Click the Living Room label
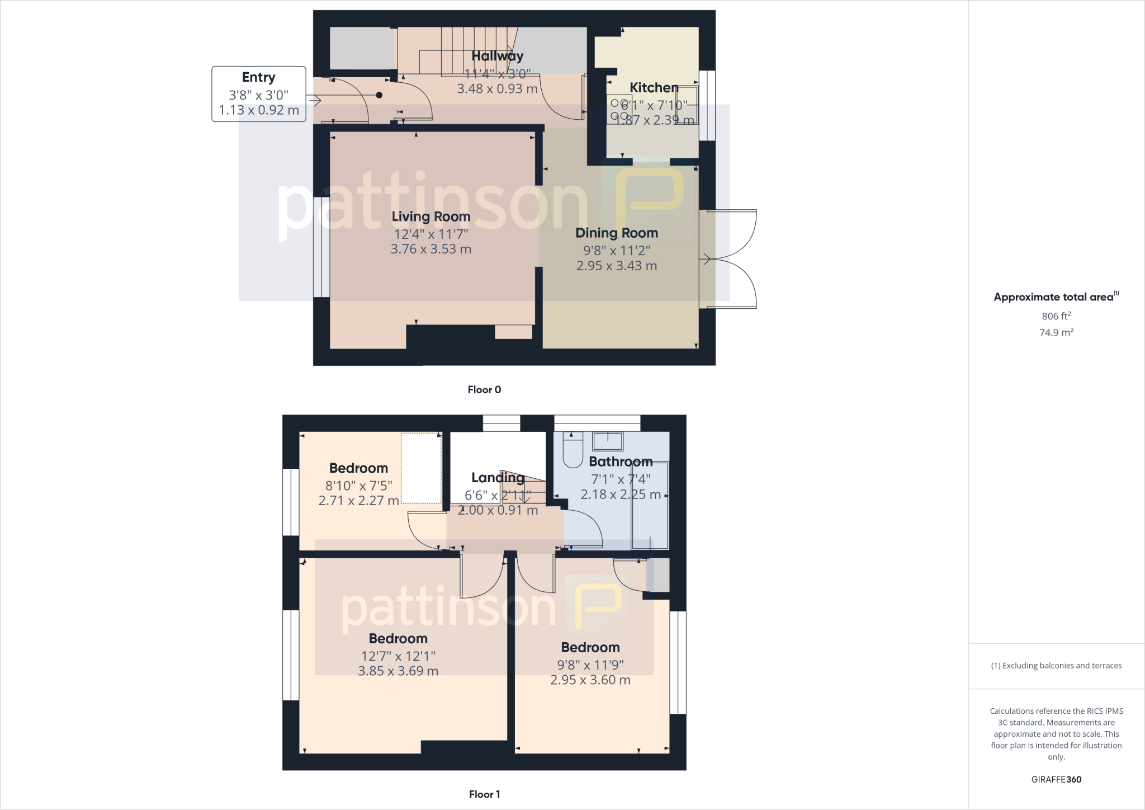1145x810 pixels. click(x=430, y=216)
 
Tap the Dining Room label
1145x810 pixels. click(x=616, y=233)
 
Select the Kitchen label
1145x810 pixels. click(x=654, y=88)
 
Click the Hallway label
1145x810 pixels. click(x=497, y=56)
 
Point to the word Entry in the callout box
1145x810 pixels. click(x=258, y=77)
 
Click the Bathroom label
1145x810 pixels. click(x=621, y=461)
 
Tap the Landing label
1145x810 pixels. click(x=498, y=477)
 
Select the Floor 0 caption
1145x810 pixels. click(x=484, y=390)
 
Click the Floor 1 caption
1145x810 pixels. click(x=484, y=794)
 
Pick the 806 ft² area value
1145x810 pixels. click(x=1056, y=316)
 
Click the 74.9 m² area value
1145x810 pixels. click(x=1056, y=332)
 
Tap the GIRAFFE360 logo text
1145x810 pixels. click(x=1056, y=779)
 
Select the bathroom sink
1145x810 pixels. click(x=607, y=441)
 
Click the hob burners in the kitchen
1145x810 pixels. click(x=619, y=110)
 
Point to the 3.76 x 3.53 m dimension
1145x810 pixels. click(x=430, y=249)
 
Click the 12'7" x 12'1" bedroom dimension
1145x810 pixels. click(x=398, y=656)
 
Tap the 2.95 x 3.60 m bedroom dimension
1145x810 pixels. click(x=590, y=680)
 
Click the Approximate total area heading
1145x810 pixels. click(x=1054, y=297)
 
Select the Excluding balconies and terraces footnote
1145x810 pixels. click(x=1056, y=666)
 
